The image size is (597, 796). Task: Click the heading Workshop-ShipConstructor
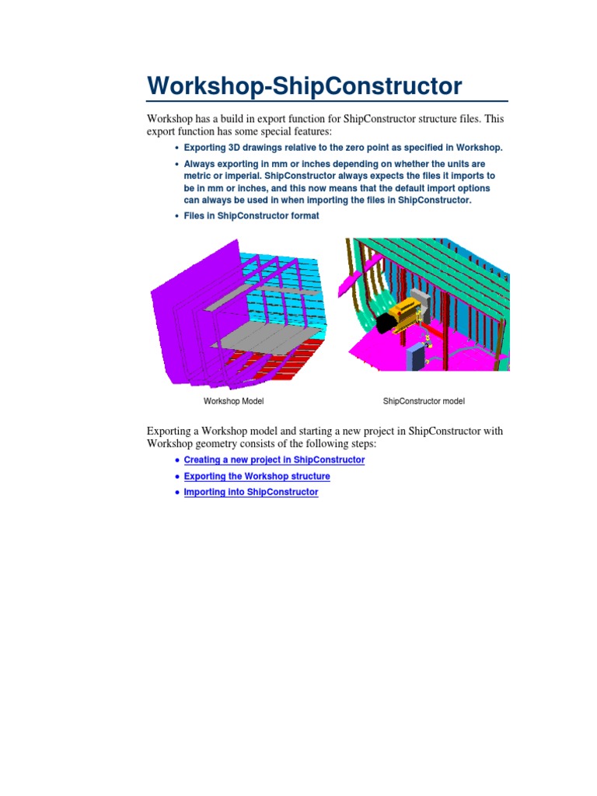[x=304, y=86]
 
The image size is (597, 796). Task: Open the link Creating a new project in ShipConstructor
[x=274, y=460]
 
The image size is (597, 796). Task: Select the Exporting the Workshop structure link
[x=257, y=477]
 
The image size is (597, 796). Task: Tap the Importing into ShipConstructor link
[x=250, y=493]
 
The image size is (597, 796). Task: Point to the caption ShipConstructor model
[x=424, y=402]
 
